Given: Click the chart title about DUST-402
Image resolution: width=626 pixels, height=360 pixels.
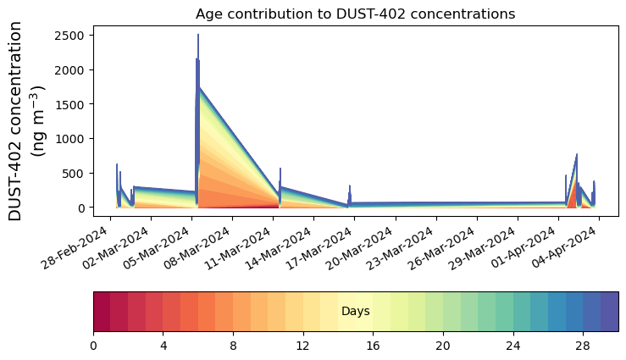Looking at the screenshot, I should pos(355,14).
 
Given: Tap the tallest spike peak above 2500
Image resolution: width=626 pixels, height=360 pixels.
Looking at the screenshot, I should pos(198,36).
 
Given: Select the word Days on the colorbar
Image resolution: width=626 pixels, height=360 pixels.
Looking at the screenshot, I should pos(355,312).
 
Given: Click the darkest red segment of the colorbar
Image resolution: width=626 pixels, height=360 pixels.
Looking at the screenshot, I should pos(102,312).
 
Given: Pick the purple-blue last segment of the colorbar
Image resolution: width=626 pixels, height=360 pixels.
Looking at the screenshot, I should pos(609,312).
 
